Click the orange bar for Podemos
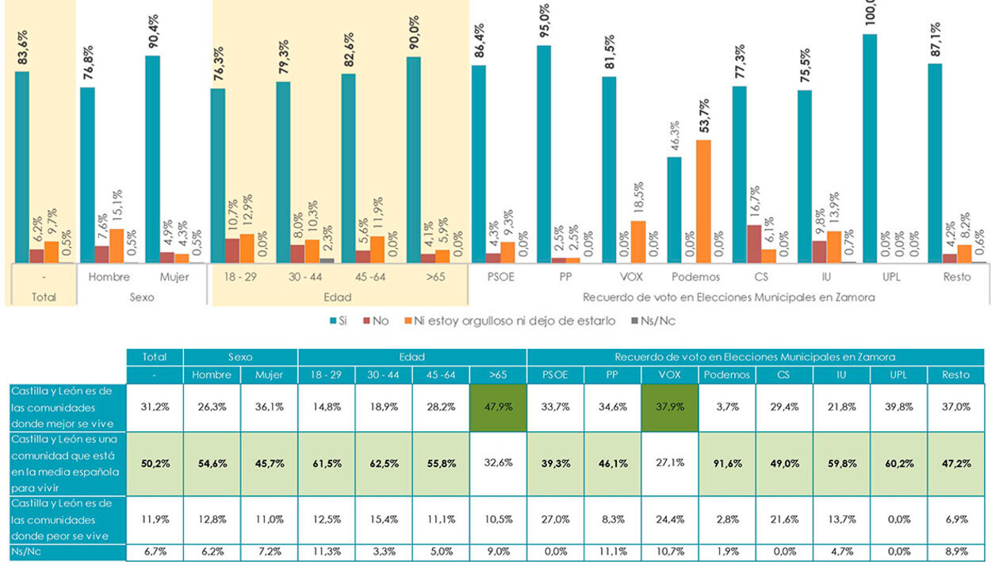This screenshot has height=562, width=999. (x=703, y=201)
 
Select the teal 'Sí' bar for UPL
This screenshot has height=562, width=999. (x=870, y=148)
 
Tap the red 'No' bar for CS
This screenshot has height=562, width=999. (x=754, y=243)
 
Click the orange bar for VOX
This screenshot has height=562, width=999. (x=638, y=242)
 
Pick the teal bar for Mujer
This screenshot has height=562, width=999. (x=152, y=159)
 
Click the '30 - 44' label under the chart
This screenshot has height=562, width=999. (x=306, y=277)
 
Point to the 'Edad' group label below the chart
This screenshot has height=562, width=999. (x=339, y=296)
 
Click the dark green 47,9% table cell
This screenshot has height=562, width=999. (x=497, y=407)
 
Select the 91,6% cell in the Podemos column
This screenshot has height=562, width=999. (x=726, y=463)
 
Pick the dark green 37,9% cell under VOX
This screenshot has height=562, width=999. (x=669, y=407)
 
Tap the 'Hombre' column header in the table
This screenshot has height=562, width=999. (x=211, y=374)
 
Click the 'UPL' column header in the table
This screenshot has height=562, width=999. (x=898, y=374)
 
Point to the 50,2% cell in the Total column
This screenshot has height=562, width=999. (x=155, y=463)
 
